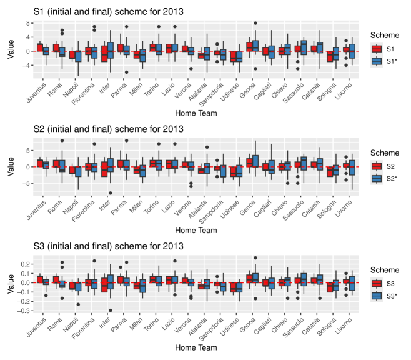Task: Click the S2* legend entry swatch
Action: click(377, 178)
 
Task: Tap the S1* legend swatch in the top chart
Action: click(377, 61)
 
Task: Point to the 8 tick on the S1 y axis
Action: click(29, 23)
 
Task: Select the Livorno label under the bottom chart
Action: click(342, 327)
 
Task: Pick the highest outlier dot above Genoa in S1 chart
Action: click(255, 23)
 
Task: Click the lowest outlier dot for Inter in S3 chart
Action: click(111, 310)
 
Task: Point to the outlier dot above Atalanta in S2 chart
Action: click(206, 147)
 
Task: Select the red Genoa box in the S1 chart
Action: click(250, 47)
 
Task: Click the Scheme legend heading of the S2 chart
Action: click(385, 152)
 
